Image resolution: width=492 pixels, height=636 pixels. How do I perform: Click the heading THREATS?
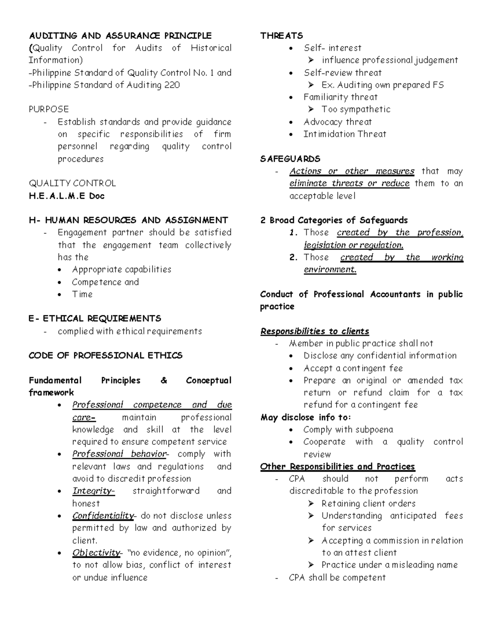(281, 36)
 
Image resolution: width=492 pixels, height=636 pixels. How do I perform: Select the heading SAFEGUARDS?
(290, 159)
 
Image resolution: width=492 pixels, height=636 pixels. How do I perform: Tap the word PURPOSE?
(48, 109)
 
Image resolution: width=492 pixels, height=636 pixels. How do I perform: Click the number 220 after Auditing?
(172, 85)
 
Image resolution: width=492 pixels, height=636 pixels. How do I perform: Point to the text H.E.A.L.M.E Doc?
(66, 196)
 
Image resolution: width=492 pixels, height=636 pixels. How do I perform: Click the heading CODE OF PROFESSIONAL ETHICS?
(105, 355)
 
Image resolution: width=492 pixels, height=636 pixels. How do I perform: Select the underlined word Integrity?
(93, 491)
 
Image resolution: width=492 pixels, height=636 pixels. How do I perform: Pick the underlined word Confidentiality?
(103, 516)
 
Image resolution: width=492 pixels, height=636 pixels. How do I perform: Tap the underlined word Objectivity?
(96, 553)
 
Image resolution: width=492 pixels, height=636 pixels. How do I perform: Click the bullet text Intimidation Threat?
(344, 134)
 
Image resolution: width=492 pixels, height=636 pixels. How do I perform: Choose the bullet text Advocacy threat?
(337, 122)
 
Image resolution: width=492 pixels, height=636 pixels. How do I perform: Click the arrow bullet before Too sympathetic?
(311, 109)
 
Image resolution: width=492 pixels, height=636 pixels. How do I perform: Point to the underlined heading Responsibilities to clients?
(314, 331)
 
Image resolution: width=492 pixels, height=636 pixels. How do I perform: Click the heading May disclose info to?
(305, 417)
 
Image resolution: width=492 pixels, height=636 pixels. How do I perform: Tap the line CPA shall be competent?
(337, 577)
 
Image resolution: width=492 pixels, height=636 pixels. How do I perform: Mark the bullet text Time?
(82, 294)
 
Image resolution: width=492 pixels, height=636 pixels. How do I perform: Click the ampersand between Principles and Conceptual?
(164, 380)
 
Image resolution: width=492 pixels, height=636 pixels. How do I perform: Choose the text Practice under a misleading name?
(389, 565)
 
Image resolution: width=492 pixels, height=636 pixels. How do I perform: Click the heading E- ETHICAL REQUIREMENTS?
(95, 319)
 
